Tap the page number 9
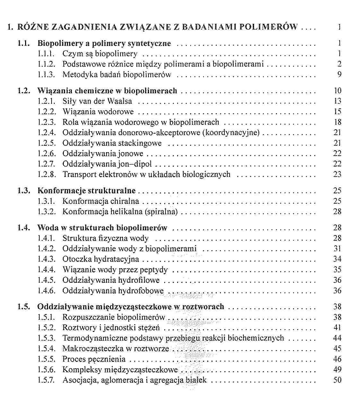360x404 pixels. point(339,75)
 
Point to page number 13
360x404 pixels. point(337,101)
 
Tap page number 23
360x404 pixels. point(337,174)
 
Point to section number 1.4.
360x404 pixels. point(24,228)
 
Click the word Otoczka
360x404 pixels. point(77,259)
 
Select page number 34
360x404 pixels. point(337,259)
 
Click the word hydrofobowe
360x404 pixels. point(141,291)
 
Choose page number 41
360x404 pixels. point(337,328)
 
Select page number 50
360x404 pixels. point(337,380)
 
